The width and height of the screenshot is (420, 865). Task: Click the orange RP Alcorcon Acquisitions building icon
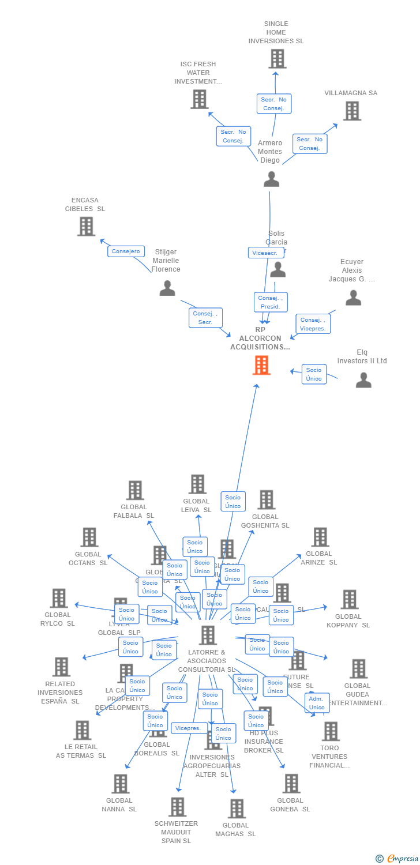click(x=261, y=365)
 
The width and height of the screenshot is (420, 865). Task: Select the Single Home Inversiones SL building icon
click(x=277, y=59)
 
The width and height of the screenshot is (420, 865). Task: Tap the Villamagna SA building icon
click(x=352, y=111)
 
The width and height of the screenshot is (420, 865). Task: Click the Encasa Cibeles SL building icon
click(x=86, y=226)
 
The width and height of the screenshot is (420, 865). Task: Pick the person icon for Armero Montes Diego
click(x=271, y=179)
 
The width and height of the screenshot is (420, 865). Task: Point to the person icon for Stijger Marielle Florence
click(x=167, y=288)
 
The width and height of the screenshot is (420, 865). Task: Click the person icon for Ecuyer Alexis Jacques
click(x=353, y=298)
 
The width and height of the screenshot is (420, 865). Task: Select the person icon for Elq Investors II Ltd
click(x=363, y=380)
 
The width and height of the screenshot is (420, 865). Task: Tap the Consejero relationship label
click(x=126, y=251)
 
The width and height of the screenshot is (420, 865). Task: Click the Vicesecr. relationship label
click(x=266, y=253)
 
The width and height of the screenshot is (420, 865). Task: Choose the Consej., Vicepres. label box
click(x=313, y=324)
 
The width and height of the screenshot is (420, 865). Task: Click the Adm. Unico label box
click(x=317, y=703)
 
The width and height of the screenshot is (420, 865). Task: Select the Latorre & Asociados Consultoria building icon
click(x=208, y=635)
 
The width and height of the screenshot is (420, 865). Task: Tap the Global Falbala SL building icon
click(x=135, y=490)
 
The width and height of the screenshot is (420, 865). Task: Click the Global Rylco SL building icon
click(x=59, y=599)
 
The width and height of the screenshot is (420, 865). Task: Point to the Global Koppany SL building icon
click(x=350, y=600)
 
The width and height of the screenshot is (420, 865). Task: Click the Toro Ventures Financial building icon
click(x=331, y=731)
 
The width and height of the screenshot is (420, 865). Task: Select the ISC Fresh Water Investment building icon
click(x=200, y=99)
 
